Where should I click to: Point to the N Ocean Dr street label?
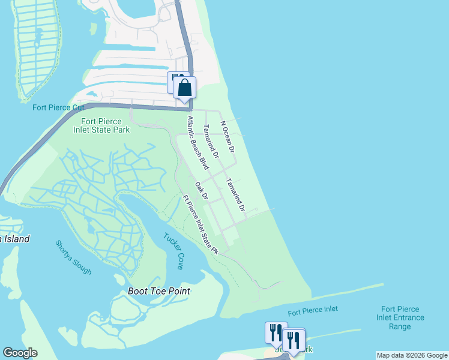click(x=228, y=136)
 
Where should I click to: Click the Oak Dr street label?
click(x=202, y=191)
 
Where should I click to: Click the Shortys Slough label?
click(x=74, y=257)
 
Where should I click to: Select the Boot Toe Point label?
click(x=159, y=291)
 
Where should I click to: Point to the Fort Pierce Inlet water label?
click(x=312, y=311)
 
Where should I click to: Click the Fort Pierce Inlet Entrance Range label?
click(x=400, y=317)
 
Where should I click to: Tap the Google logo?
click(x=20, y=353)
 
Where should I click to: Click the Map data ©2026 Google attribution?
click(x=412, y=355)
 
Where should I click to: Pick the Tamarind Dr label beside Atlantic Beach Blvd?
click(x=211, y=141)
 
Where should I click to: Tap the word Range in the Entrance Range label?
click(x=400, y=326)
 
